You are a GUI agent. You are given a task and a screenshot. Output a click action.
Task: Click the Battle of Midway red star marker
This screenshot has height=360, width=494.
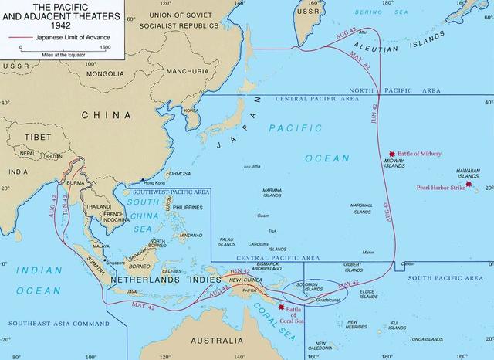pyautogui.click(x=393, y=155)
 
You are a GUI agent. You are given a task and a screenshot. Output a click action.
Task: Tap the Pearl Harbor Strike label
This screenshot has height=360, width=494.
pyautogui.click(x=441, y=187)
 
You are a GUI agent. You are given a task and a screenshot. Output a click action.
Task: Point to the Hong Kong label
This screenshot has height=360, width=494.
pyautogui.click(x=155, y=183)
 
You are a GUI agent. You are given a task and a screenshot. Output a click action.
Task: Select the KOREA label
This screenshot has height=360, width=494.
pyautogui.click(x=190, y=110)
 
